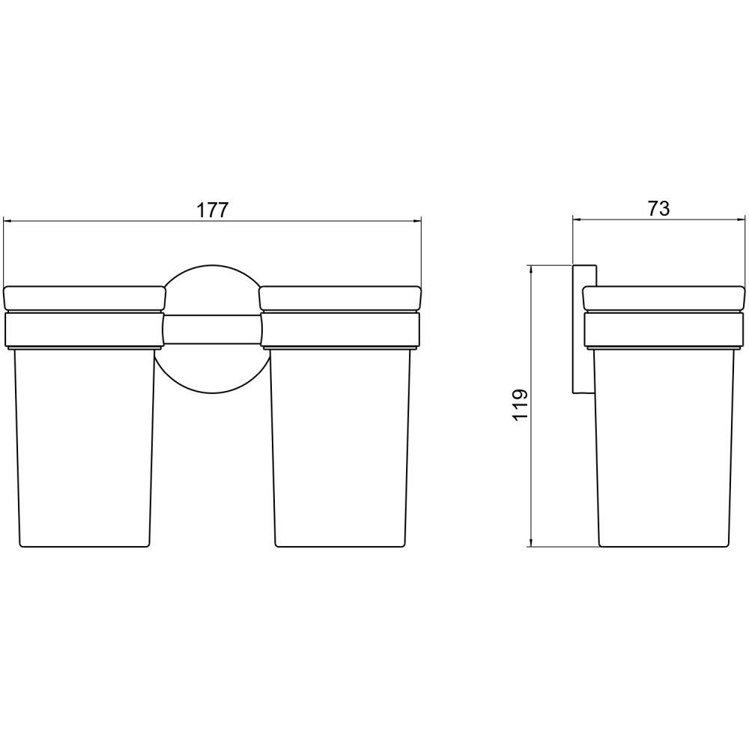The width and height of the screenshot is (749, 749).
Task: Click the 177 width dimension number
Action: click(213, 210)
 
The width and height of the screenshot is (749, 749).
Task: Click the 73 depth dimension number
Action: click(658, 208)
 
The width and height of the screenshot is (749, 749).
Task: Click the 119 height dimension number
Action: click(520, 404)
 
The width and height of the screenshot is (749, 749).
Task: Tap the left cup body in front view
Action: click(85, 448)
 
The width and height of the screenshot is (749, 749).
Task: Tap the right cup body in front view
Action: click(341, 448)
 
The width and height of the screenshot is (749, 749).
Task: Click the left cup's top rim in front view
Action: click(85, 299)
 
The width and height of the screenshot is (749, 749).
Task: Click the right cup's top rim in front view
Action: click(339, 299)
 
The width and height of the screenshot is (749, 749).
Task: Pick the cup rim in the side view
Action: click(664, 299)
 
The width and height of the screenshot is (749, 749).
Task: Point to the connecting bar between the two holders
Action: click(213, 329)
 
